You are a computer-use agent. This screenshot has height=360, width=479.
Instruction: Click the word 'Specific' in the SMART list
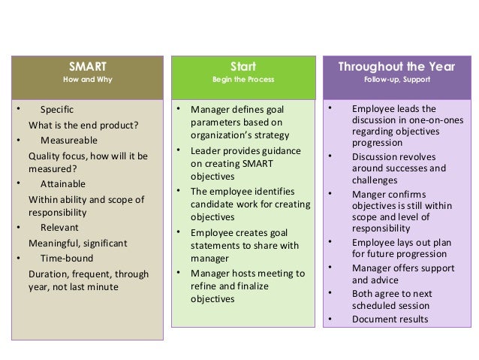56,109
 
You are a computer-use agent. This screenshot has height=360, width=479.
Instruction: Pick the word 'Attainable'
62,183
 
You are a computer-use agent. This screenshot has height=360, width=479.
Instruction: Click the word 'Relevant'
59,227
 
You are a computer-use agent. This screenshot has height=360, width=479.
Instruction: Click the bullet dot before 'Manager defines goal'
179,110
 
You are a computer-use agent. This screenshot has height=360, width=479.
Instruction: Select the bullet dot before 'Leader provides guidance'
179,150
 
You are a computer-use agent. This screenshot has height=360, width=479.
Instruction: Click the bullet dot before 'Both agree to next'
330,293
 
